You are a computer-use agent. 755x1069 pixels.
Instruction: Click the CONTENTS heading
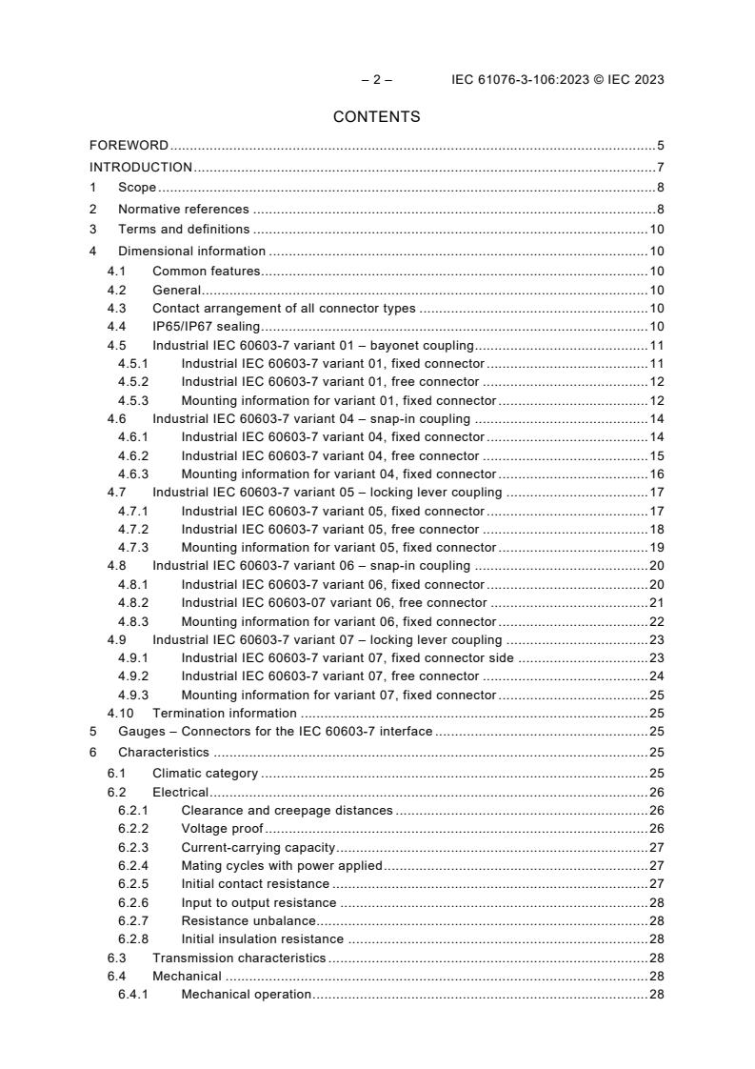click(376, 117)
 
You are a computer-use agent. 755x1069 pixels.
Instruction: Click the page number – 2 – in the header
click(376, 80)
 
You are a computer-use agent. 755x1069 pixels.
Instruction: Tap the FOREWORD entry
click(129, 146)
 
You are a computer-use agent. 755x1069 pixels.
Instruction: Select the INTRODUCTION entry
click(141, 167)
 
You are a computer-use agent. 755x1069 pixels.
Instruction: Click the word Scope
click(137, 188)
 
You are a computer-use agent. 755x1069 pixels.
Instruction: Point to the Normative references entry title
click(183, 209)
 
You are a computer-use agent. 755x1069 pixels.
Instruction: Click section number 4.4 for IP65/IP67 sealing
click(116, 326)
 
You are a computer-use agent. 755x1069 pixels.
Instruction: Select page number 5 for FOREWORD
click(660, 146)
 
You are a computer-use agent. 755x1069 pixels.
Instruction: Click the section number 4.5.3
click(133, 400)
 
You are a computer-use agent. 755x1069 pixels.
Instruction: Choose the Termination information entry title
click(225, 713)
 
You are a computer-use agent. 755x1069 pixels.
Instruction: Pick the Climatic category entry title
click(205, 773)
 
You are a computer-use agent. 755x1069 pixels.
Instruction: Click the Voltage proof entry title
click(222, 829)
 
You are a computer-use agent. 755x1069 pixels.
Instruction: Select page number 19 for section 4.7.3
click(656, 547)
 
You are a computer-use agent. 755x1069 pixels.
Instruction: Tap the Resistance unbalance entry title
click(248, 920)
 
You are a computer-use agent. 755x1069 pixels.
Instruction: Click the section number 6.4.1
click(133, 994)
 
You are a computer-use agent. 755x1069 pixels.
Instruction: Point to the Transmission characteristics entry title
click(239, 958)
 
